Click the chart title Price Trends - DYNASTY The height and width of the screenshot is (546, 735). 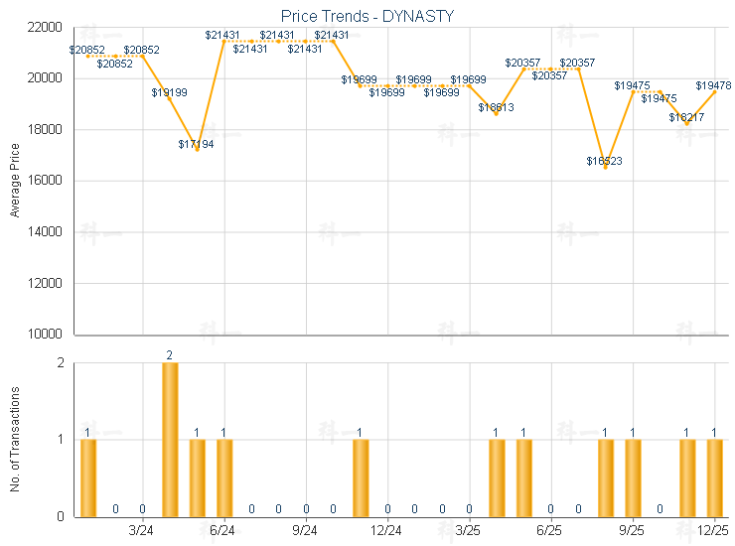(x=368, y=16)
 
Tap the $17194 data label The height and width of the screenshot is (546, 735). (x=197, y=144)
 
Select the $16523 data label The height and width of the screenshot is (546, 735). (x=604, y=161)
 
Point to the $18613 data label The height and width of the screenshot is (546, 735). (x=496, y=107)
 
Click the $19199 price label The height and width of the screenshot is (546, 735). (x=169, y=92)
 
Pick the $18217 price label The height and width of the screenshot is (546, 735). (x=686, y=117)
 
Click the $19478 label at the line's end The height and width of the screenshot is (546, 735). (x=713, y=86)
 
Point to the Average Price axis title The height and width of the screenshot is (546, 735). (x=15, y=181)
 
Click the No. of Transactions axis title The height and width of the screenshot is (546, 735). (x=15, y=438)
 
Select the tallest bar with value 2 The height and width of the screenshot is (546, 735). (x=170, y=439)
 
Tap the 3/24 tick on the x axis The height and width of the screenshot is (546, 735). (x=142, y=531)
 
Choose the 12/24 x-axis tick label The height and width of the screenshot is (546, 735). (x=386, y=531)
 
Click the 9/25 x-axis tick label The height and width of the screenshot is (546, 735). (x=632, y=531)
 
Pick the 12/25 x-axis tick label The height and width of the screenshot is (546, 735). (x=713, y=531)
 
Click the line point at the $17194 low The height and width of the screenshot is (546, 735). (x=197, y=150)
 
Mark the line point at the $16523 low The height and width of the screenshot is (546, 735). (x=605, y=167)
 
